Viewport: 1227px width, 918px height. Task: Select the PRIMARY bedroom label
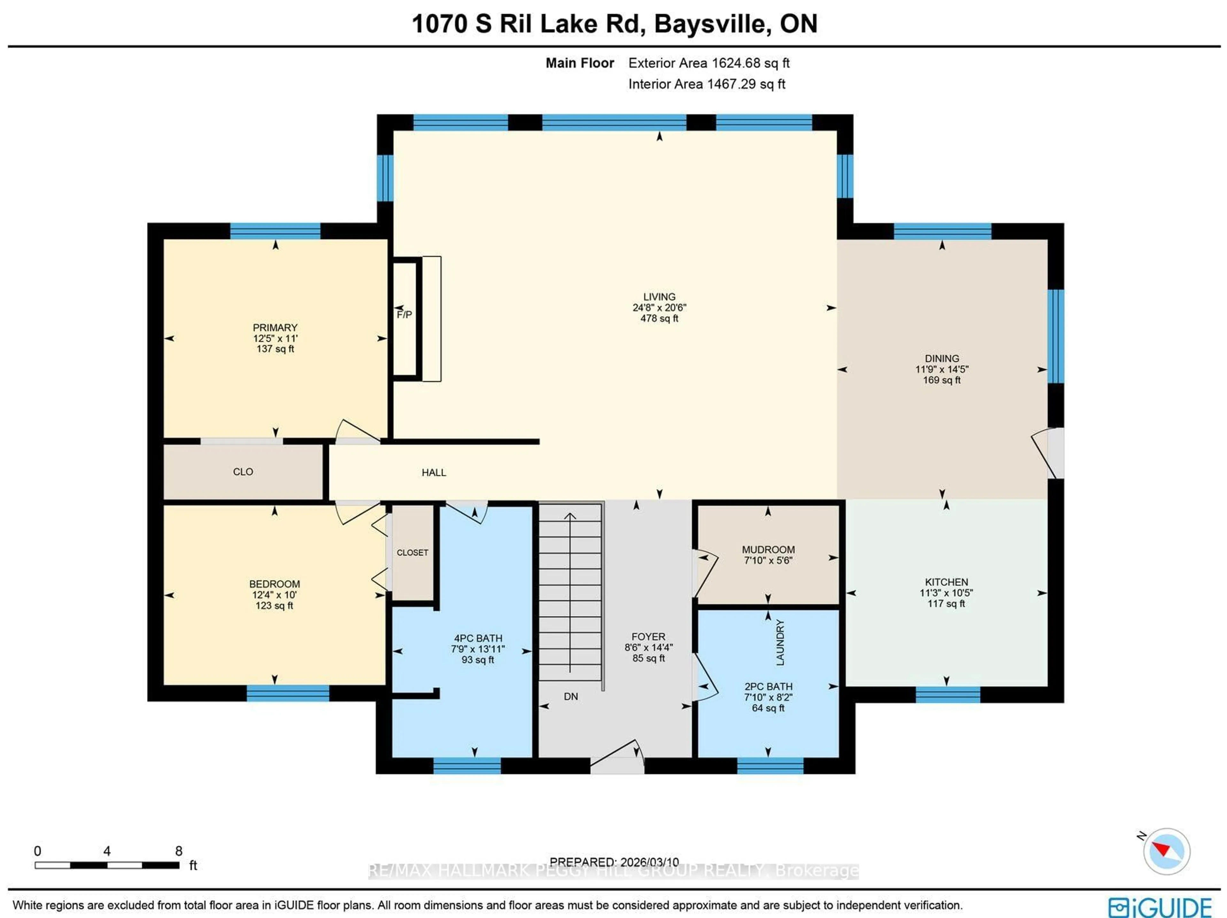tap(275, 328)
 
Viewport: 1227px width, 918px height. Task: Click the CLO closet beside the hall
tap(243, 472)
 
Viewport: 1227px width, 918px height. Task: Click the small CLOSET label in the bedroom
tap(412, 553)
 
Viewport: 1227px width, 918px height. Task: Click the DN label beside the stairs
tap(571, 696)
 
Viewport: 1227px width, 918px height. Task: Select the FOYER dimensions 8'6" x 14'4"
tap(648, 648)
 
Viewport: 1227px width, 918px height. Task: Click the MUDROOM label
tap(768, 549)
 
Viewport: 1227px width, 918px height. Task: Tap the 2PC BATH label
tap(768, 686)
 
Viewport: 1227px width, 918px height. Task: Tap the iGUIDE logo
tap(1159, 907)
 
